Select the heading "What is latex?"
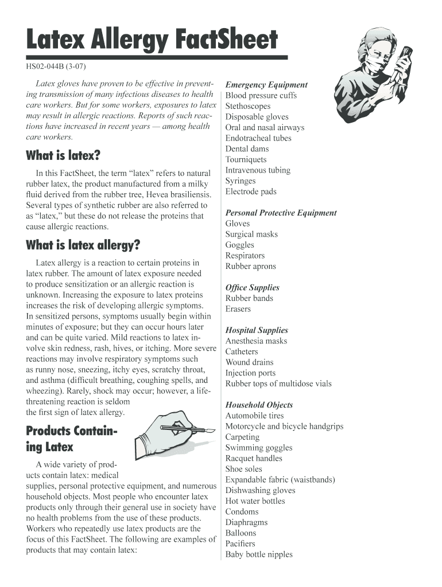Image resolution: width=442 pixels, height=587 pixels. click(63, 155)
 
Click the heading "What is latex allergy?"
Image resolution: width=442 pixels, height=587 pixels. click(83, 245)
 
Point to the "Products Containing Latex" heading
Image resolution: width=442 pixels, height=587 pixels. click(72, 439)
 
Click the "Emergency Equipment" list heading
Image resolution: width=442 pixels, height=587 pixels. click(266, 84)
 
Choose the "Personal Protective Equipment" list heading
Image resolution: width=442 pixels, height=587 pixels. click(281, 213)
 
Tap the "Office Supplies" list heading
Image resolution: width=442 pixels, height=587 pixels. click(252, 287)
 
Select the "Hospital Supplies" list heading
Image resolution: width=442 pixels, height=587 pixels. click(256, 330)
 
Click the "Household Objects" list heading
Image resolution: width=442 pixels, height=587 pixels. click(259, 405)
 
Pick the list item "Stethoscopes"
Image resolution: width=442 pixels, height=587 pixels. click(247, 106)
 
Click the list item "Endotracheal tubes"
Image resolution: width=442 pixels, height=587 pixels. click(258, 138)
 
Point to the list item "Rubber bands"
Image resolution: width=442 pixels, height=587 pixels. click(249, 298)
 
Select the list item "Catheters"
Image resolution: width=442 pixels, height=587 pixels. click(242, 351)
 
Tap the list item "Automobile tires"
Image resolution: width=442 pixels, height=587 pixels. click(254, 416)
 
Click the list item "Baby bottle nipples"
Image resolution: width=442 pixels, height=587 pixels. click(258, 554)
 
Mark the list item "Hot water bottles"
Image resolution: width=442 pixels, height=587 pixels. click(255, 501)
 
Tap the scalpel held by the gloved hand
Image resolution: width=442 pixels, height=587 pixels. click(189, 428)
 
